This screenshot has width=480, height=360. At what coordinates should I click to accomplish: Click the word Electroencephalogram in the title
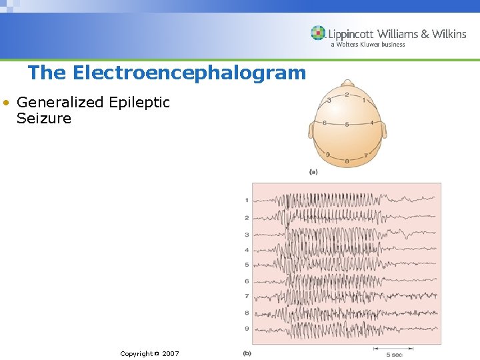[x=189, y=72]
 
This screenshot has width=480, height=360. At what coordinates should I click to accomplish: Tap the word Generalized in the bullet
[x=60, y=103]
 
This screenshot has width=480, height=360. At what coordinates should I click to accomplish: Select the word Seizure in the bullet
[x=44, y=119]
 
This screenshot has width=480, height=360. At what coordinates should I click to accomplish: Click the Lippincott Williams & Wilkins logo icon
[x=318, y=33]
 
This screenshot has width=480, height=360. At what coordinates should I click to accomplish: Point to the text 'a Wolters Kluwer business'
[x=367, y=45]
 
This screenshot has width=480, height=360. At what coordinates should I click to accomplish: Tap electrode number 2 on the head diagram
[x=347, y=95]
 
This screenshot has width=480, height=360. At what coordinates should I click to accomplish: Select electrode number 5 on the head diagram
[x=347, y=125]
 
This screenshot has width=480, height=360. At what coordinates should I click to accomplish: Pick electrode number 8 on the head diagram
[x=347, y=161]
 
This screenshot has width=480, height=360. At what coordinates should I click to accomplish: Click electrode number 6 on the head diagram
[x=324, y=123]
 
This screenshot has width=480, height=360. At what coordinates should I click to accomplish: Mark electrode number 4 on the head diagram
[x=371, y=123]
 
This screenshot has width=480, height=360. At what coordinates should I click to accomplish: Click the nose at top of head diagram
[x=347, y=83]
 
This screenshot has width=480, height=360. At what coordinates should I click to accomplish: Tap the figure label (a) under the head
[x=313, y=172]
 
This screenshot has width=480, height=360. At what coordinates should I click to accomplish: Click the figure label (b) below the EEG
[x=247, y=353]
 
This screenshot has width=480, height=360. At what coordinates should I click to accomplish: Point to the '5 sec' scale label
[x=394, y=354]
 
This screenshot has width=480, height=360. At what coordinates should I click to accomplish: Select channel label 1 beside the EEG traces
[x=247, y=200]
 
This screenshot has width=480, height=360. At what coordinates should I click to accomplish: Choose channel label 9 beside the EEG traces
[x=247, y=328]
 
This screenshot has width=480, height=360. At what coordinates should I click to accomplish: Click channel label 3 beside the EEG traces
[x=247, y=235]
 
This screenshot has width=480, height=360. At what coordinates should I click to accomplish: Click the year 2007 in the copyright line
[x=170, y=353]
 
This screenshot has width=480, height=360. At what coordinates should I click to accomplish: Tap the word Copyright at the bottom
[x=136, y=353]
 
